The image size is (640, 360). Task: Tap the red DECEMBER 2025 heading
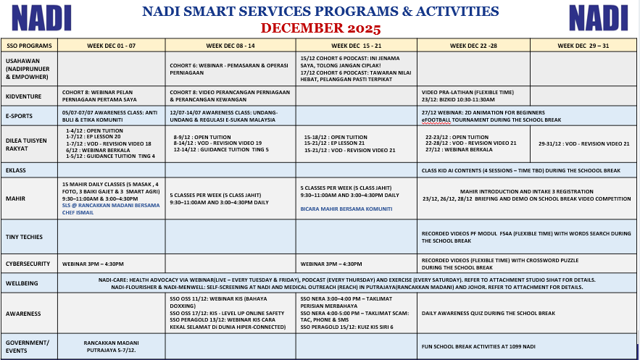[320, 28]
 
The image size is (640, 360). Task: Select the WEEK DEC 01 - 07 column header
[111, 45]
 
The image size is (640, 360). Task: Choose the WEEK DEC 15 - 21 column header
[357, 45]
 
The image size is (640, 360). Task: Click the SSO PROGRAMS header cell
[29, 45]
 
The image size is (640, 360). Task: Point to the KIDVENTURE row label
[24, 96]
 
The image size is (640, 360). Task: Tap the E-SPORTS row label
[20, 115]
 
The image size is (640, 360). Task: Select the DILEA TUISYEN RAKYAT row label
[26, 144]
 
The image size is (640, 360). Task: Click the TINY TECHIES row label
[24, 237]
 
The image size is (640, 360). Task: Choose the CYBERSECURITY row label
[28, 264]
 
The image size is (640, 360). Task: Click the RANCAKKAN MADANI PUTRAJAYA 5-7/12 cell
[112, 346]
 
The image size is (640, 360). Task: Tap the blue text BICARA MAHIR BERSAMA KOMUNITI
[346, 209]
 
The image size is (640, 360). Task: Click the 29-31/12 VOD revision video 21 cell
[583, 144]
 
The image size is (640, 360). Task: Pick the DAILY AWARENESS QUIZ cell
[489, 313]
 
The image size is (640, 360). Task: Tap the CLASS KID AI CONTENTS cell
[520, 170]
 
